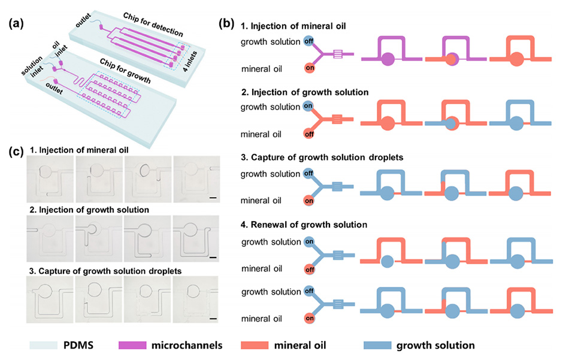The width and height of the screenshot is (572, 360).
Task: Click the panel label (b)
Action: point(227,25)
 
